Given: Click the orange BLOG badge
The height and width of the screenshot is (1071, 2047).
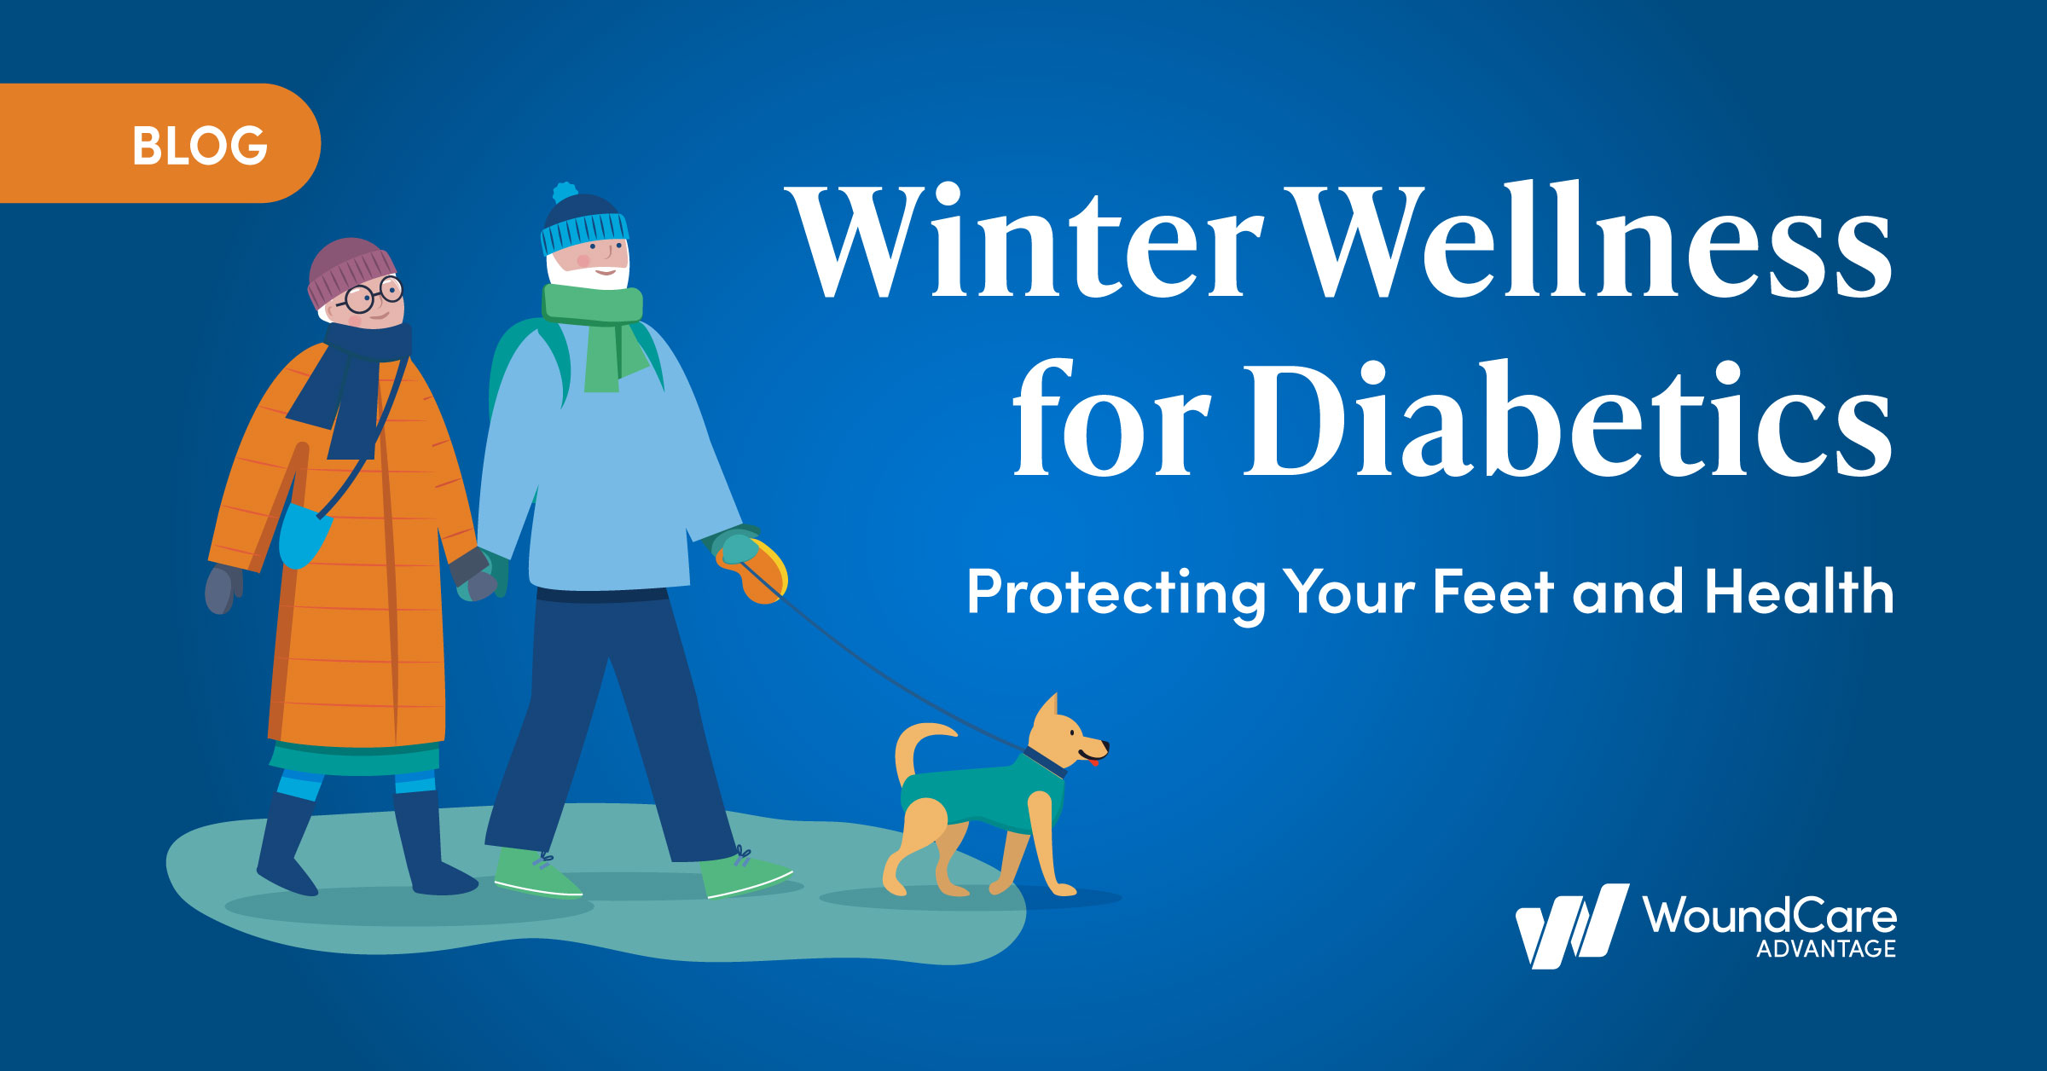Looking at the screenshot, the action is (x=159, y=143).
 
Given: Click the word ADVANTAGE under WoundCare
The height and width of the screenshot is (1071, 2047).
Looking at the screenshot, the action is (x=1825, y=949).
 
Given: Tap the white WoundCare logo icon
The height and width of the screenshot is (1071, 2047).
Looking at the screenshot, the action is (x=1571, y=927).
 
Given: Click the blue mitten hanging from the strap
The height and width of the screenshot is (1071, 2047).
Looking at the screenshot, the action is (x=304, y=535).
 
